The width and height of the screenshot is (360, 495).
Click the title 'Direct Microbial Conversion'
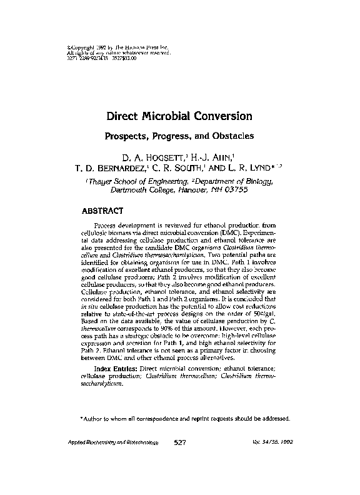[x=179, y=116]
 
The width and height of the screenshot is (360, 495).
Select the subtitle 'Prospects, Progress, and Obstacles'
[x=179, y=136]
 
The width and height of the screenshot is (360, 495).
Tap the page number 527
[x=181, y=442]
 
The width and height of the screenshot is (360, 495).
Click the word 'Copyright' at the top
[x=82, y=47]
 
